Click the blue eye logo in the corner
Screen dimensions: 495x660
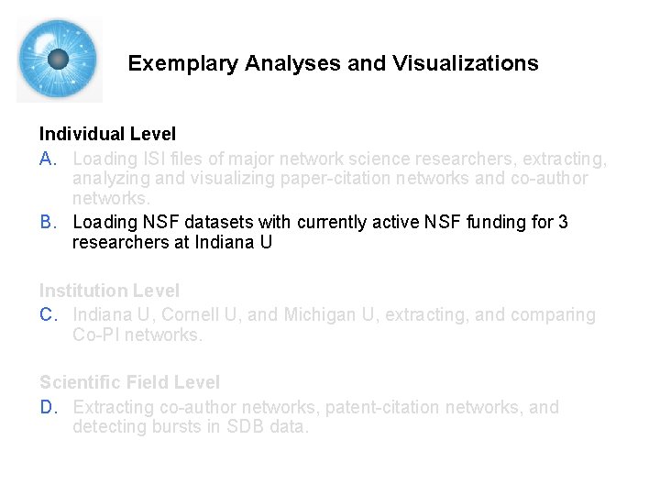pos(59,60)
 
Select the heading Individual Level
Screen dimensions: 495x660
pos(107,134)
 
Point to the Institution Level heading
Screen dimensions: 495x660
pos(109,291)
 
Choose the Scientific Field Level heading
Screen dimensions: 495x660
pos(129,382)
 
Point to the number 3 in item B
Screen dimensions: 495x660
pos(563,222)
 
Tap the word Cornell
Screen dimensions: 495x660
pos(194,315)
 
